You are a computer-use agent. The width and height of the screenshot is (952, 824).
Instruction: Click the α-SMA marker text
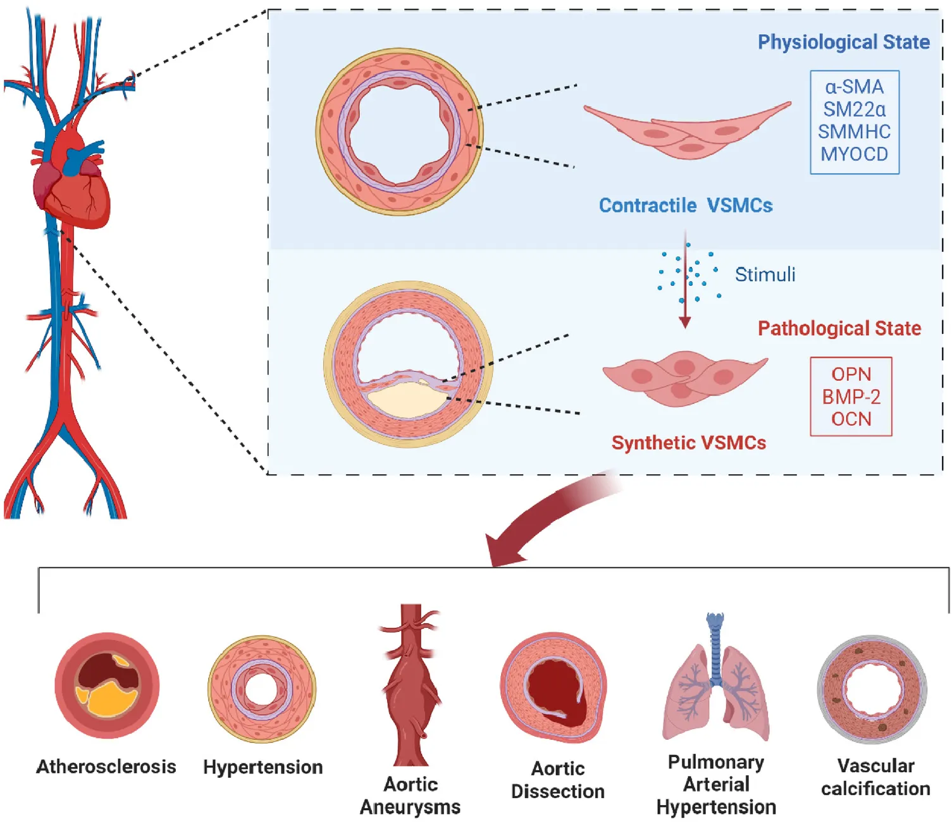click(854, 87)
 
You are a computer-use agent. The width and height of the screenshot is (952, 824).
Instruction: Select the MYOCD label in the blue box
click(854, 154)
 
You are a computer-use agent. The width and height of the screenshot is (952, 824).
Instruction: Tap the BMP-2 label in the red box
click(851, 397)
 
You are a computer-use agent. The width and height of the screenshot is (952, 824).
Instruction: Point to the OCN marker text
click(851, 419)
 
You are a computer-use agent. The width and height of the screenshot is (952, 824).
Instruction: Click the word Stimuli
click(765, 274)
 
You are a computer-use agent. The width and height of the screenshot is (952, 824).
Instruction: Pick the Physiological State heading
click(843, 42)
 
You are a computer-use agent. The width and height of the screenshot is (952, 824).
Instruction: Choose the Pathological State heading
click(839, 328)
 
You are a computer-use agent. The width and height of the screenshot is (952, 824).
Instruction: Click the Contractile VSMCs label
click(686, 206)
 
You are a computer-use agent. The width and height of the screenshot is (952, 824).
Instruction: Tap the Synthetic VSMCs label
click(688, 443)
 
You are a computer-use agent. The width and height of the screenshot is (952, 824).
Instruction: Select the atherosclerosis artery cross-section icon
click(107, 686)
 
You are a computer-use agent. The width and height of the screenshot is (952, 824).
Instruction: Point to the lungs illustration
click(715, 689)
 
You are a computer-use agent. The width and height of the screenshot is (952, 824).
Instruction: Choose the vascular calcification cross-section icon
click(872, 689)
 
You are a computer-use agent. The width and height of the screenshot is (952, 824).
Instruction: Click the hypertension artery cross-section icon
click(262, 689)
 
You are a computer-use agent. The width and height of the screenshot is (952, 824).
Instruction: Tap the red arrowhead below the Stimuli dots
click(684, 322)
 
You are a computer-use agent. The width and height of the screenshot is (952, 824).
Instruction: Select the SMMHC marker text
click(854, 132)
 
